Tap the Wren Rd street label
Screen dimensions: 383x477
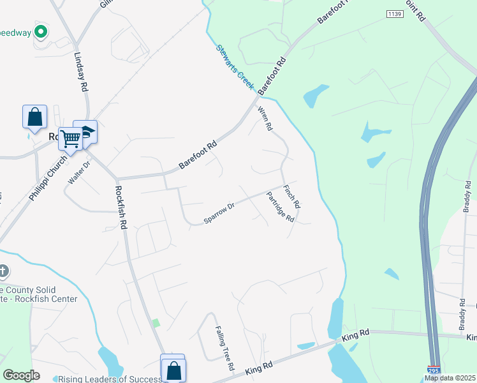[265, 119]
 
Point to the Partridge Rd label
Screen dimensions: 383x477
[281, 207]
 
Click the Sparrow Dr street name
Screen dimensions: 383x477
[219, 213]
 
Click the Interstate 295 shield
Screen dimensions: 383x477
[433, 369]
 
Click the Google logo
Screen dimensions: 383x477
[21, 375]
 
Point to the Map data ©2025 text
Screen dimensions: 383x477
[450, 378]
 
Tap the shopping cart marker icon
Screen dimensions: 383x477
[71, 137]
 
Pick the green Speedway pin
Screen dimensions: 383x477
[41, 30]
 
